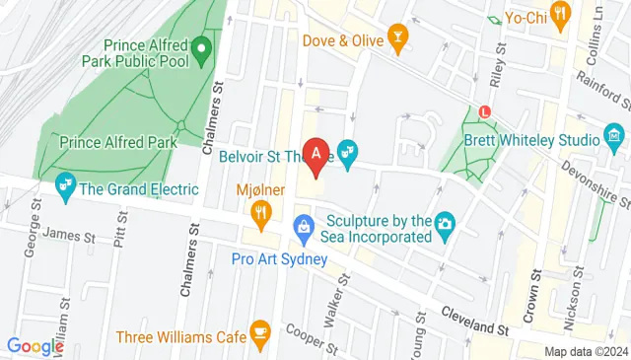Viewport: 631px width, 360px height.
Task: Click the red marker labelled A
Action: tap(315, 154)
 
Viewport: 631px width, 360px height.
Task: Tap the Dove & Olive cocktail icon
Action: tap(397, 39)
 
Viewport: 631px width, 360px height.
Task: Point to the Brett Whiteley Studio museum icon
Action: tap(614, 135)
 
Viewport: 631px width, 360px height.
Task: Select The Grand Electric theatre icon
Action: tap(66, 185)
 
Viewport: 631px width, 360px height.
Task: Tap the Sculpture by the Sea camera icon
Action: tap(445, 225)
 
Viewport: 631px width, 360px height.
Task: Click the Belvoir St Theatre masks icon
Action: tap(346, 152)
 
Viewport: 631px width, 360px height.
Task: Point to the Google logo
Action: tap(35, 346)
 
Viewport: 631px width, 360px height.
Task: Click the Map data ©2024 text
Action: tap(587, 351)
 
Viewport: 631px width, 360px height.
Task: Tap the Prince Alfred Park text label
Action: tap(117, 142)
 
